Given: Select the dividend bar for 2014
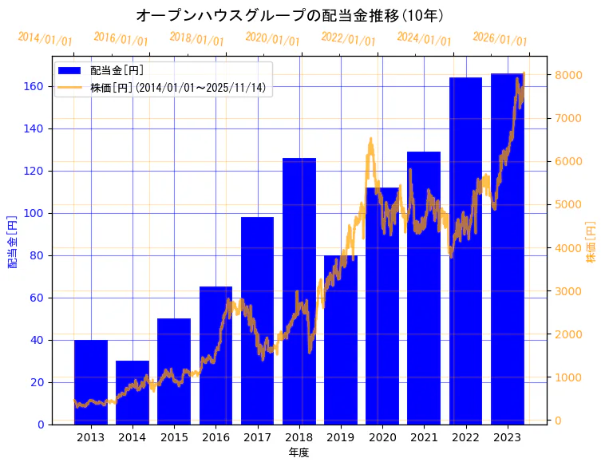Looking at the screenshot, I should pyautogui.click(x=132, y=392).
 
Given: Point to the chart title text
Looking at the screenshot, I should pyautogui.click(x=291, y=15).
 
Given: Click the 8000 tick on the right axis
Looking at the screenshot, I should pyautogui.click(x=571, y=75).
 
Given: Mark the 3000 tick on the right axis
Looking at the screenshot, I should pyautogui.click(x=571, y=291).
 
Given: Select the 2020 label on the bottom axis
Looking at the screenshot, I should pyautogui.click(x=382, y=437).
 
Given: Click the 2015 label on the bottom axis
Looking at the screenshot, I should pyautogui.click(x=174, y=437).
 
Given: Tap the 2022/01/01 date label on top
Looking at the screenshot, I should pyautogui.click(x=348, y=39).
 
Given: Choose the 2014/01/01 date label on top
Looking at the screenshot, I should pyautogui.click(x=45, y=39).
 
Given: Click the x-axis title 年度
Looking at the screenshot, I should pyautogui.click(x=299, y=452).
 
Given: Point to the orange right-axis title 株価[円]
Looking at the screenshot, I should pyautogui.click(x=591, y=243).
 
